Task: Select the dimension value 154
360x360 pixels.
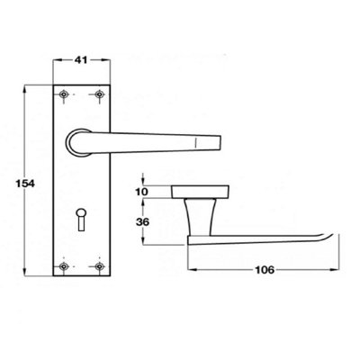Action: coord(13,184)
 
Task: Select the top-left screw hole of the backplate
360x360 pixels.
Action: coord(62,94)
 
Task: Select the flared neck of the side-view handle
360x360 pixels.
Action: coord(197,215)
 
